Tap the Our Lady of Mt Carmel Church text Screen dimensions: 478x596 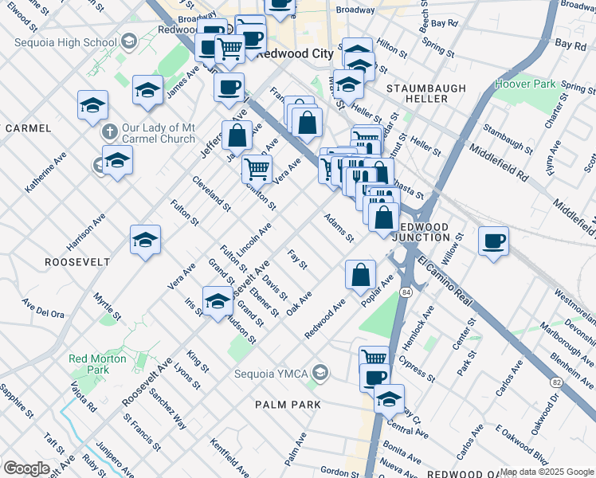tap(157, 133)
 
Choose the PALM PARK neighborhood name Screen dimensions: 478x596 tap(288, 405)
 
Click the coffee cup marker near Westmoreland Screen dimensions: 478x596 tap(494, 241)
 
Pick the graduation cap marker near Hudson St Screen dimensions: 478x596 tap(217, 301)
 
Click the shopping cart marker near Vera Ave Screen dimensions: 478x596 tap(257, 169)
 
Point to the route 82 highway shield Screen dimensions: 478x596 tap(556, 383)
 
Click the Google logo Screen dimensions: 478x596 tap(26, 468)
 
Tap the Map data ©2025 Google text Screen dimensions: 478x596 tap(547, 472)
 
